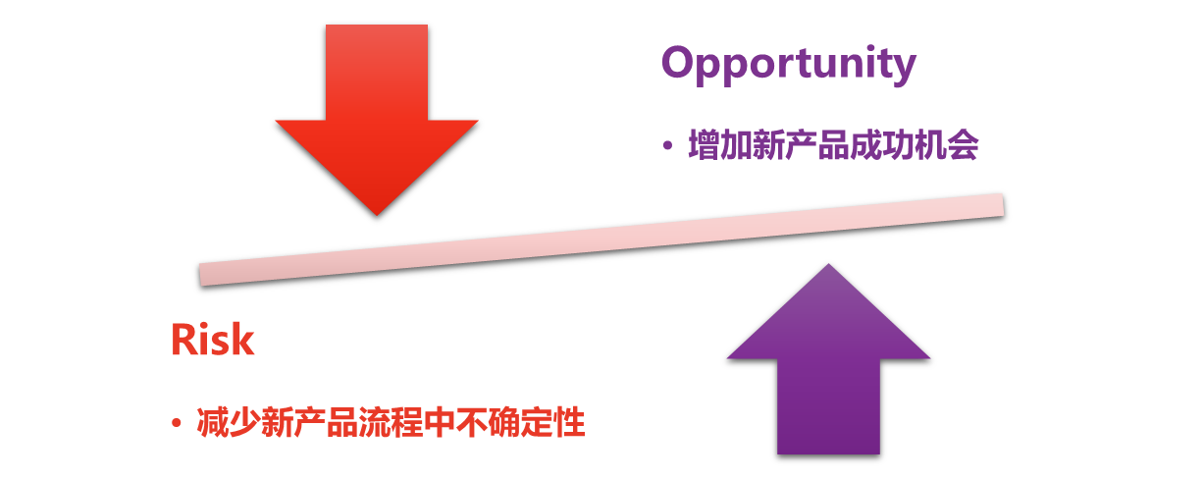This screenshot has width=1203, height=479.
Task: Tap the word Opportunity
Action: click(x=788, y=65)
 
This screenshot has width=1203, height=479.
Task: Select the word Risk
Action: click(x=212, y=340)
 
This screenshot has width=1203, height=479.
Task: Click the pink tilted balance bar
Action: click(x=601, y=239)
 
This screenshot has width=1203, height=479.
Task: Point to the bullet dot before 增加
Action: click(x=667, y=147)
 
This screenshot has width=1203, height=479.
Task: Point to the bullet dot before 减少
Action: click(x=177, y=424)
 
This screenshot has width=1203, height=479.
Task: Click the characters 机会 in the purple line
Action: click(x=950, y=147)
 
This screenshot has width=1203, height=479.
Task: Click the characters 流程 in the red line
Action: click(x=389, y=424)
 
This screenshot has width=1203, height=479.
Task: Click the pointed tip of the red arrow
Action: click(x=377, y=212)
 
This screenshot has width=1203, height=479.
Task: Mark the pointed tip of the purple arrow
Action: click(x=829, y=266)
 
